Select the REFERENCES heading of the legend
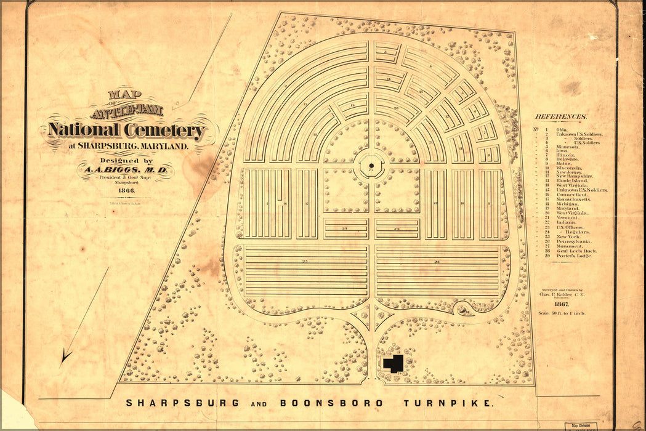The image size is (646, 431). pos(560,116)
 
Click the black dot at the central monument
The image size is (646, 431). pos(371,166)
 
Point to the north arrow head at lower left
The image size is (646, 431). pos(66,355)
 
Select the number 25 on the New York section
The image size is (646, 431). pos(305,262)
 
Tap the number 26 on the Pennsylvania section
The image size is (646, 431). pos(437,262)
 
